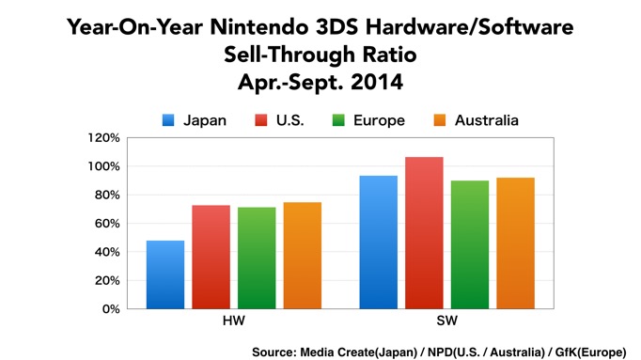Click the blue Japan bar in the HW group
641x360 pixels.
pyautogui.click(x=165, y=274)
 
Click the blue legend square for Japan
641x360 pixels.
pyautogui.click(x=169, y=120)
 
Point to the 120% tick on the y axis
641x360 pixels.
pyautogui.click(x=102, y=138)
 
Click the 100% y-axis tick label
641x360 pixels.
pyautogui.click(x=102, y=166)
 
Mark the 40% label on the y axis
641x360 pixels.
pyautogui.click(x=105, y=252)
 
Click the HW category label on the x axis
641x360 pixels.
pyautogui.click(x=234, y=321)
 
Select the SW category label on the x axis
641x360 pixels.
pyautogui.click(x=446, y=321)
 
